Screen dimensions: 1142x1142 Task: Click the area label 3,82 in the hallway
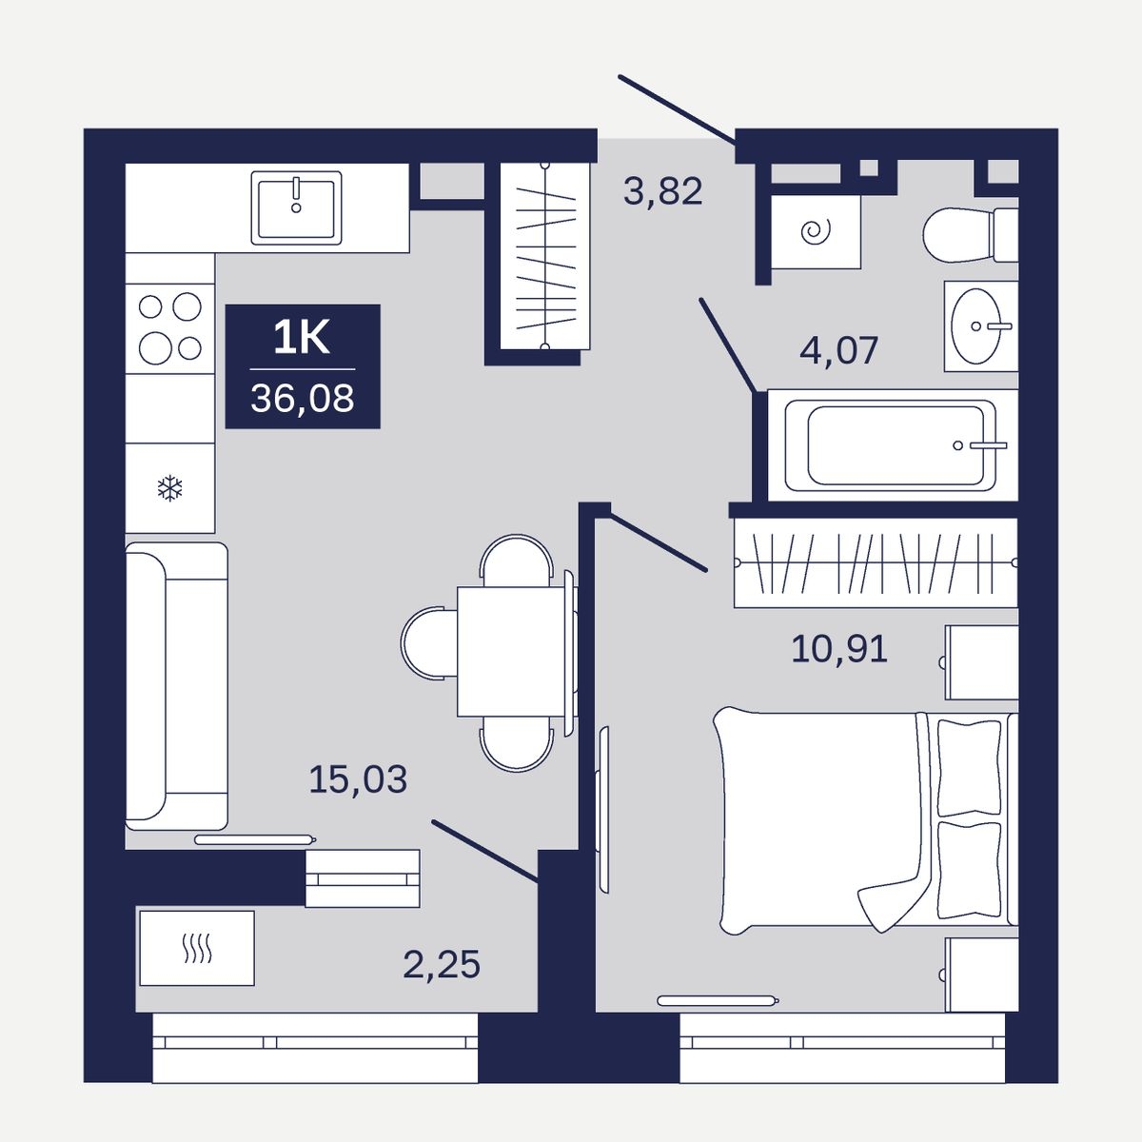click(662, 191)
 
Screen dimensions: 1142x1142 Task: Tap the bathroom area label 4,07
click(838, 350)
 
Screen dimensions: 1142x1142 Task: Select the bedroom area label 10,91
click(839, 649)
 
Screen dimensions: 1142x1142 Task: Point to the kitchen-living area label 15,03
click(358, 779)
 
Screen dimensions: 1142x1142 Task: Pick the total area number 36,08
click(303, 398)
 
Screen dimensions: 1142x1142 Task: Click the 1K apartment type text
click(302, 339)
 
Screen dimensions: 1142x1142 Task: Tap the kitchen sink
click(296, 207)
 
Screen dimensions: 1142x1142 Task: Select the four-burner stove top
click(170, 328)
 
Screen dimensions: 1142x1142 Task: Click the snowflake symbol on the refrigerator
click(170, 488)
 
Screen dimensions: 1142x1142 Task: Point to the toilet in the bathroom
click(970, 235)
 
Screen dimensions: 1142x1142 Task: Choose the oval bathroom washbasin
click(976, 326)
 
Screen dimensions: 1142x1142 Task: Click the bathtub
click(892, 445)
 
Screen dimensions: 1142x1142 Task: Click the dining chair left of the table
click(429, 643)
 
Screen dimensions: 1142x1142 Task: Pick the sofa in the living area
click(176, 686)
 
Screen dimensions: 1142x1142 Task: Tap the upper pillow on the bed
click(969, 767)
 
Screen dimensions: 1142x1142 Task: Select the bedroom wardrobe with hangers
click(876, 563)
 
